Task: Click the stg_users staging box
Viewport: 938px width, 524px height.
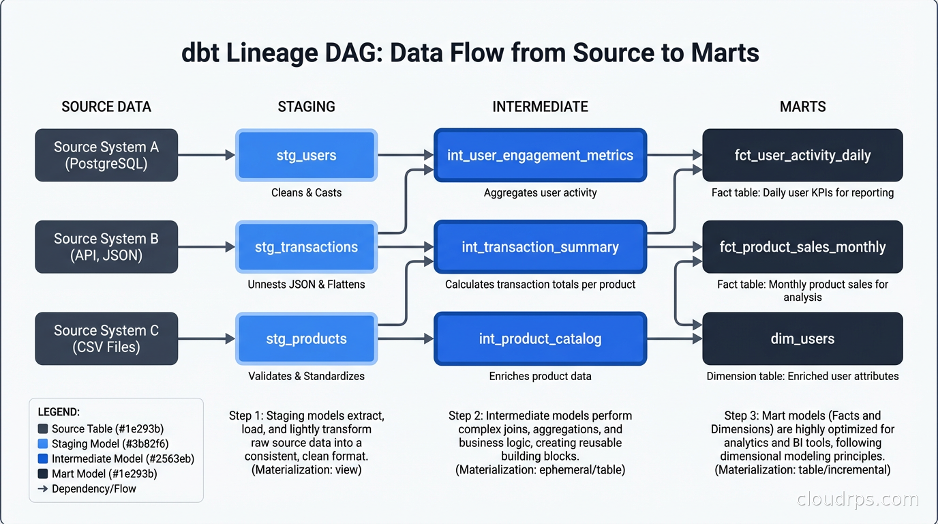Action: coord(306,156)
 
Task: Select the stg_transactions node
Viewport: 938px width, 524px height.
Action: coord(306,247)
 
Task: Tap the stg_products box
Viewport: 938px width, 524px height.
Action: coord(306,338)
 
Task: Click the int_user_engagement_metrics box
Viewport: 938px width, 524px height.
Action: coord(540,156)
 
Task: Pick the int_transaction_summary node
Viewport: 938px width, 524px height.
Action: coord(540,247)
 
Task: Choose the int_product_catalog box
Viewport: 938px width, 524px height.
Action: coord(540,338)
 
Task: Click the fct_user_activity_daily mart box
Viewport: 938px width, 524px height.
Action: coord(802,156)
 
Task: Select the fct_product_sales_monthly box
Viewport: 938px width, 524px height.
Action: coord(802,247)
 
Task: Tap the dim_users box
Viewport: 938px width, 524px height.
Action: coord(802,338)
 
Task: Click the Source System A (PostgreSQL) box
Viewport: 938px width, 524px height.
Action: coord(106,156)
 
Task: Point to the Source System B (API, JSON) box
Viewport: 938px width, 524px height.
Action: coord(106,247)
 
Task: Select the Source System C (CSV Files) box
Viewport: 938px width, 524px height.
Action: coord(106,338)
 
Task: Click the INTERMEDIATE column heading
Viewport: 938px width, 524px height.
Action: coord(540,106)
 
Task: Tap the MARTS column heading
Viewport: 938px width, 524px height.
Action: coord(802,106)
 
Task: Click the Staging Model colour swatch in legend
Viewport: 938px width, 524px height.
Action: coord(43,444)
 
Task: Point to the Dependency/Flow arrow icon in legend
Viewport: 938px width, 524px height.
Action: coord(42,489)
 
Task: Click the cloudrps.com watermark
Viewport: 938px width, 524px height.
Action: coord(858,499)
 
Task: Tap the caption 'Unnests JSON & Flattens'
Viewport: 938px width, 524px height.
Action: coord(306,284)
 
